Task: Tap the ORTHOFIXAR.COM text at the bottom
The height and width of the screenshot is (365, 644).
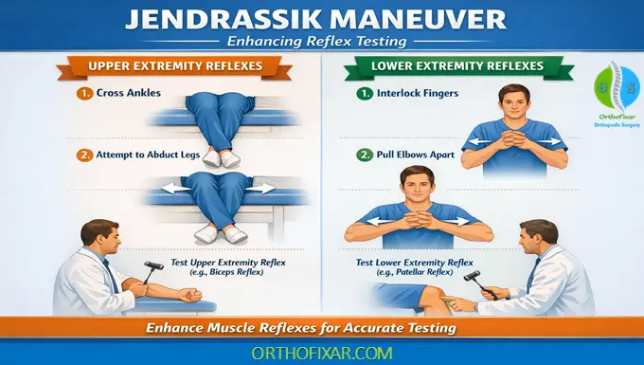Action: click(322, 352)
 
